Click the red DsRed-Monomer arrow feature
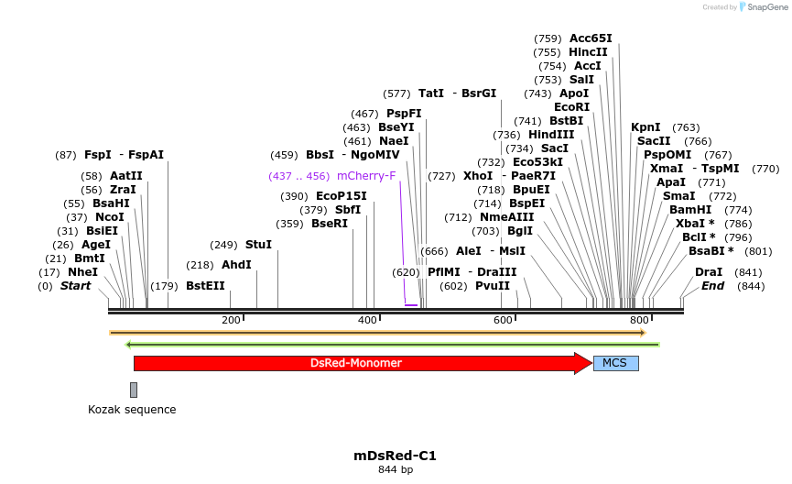(357, 363)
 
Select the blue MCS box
(615, 363)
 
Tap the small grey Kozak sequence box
(134, 390)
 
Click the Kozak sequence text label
(132, 410)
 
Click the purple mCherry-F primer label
(366, 176)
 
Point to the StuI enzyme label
(259, 245)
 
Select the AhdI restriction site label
(236, 265)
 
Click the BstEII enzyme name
(205, 286)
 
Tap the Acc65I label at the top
(591, 38)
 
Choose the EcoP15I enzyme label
(341, 196)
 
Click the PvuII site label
(493, 286)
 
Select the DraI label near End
(709, 272)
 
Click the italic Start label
(75, 286)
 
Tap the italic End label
(712, 286)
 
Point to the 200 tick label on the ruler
(231, 320)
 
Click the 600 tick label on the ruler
(503, 320)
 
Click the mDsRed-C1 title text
(396, 456)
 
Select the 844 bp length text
(396, 470)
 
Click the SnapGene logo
(762, 7)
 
